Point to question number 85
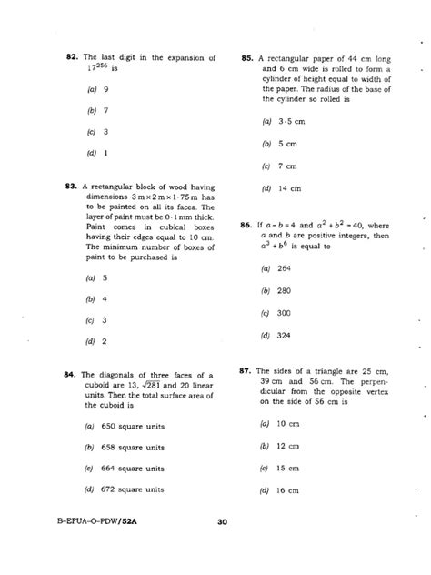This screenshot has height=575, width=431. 247,58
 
